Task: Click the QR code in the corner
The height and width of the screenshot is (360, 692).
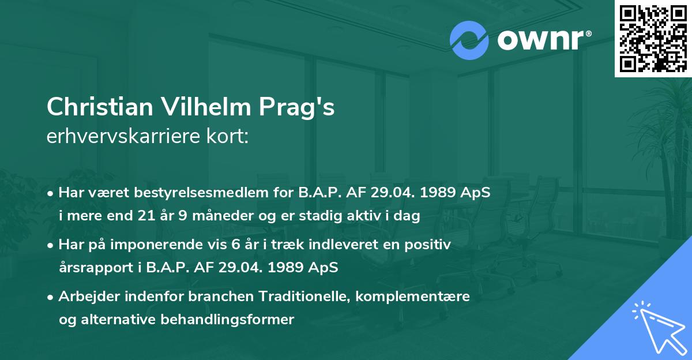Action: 653,39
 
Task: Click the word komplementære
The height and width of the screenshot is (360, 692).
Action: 413,297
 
